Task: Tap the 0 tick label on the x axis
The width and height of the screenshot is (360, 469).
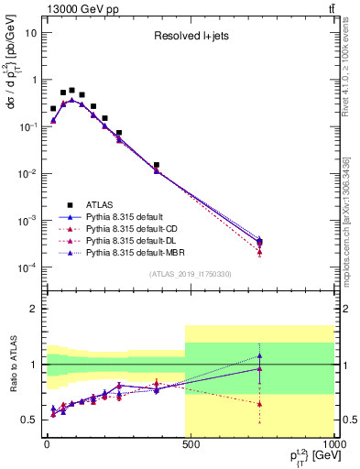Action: click(46, 445)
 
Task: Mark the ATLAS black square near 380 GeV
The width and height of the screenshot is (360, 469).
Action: click(157, 165)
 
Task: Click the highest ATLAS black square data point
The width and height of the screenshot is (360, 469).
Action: click(71, 91)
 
